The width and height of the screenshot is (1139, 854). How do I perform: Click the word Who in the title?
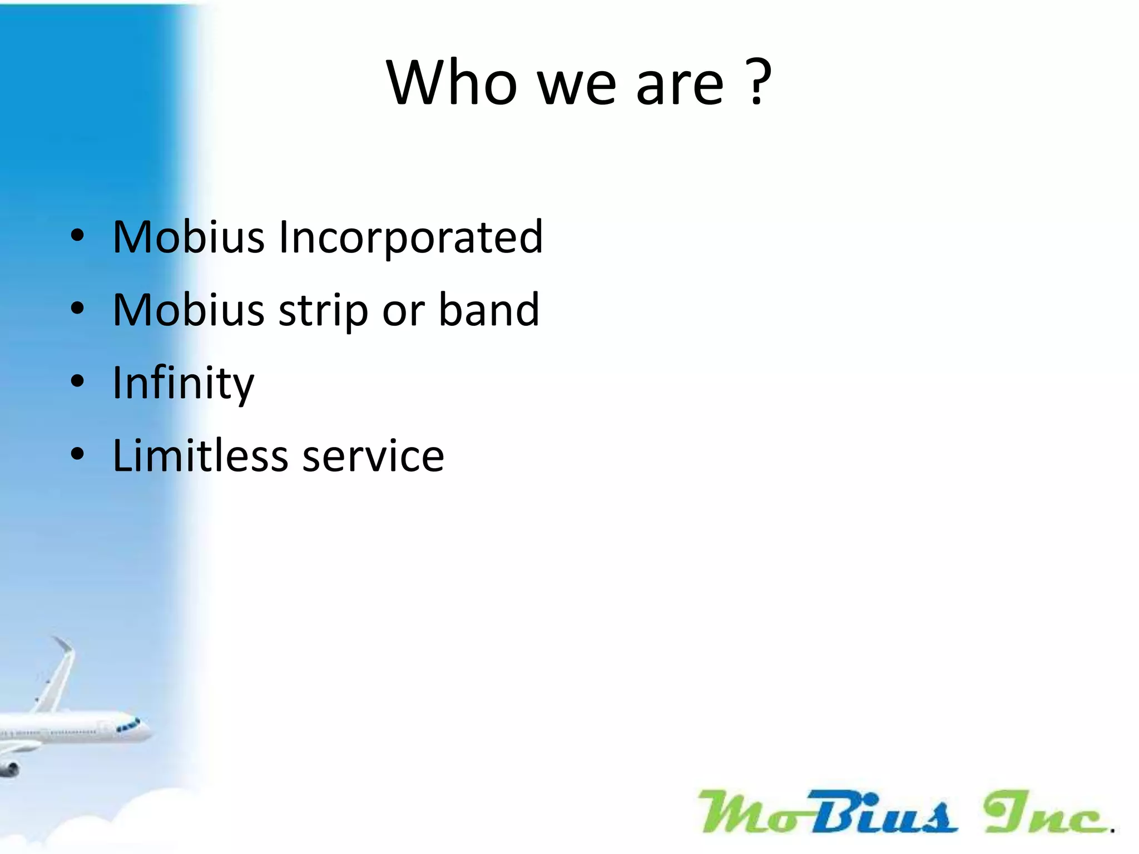point(452,83)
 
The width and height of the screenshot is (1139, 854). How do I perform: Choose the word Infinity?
point(183,384)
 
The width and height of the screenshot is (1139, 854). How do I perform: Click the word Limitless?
point(200,456)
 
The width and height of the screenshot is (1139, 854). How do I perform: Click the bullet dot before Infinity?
point(77,381)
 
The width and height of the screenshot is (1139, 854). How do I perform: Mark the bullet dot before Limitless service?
point(77,454)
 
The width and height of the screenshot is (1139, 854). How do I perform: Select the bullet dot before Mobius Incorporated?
point(77,236)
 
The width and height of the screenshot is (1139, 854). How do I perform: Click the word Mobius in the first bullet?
point(188,237)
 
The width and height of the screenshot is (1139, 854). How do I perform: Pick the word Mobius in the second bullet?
point(188,310)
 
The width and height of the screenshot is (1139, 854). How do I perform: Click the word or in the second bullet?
point(403,310)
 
